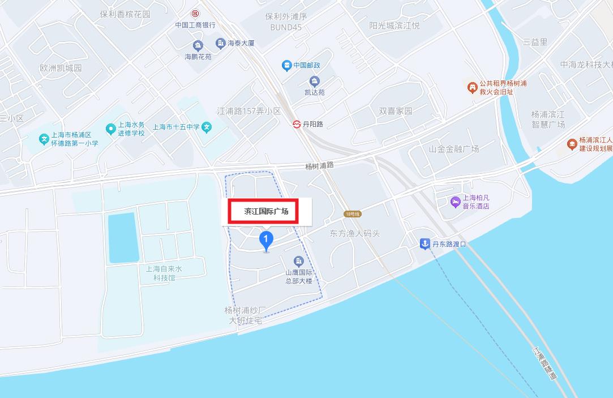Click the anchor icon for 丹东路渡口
425,244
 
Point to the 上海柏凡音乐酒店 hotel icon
455,202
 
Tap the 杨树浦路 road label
319,166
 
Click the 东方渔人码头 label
354,233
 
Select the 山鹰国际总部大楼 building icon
298,262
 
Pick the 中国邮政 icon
287,66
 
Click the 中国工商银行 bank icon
195,13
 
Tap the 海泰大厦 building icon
221,43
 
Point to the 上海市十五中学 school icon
207,127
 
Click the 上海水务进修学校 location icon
110,129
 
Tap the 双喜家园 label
396,111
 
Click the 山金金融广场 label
453,149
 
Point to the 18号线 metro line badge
352,214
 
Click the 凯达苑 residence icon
315,81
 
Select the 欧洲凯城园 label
61,68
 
